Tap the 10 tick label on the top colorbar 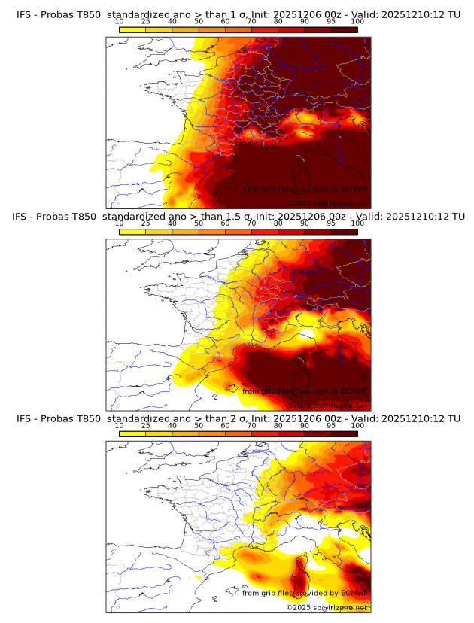(119, 22)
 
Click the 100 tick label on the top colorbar (357, 22)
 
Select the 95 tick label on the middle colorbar (331, 223)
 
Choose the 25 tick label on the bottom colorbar (145, 426)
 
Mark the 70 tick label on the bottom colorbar (251, 426)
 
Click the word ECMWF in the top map (354, 190)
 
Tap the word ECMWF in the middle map (354, 391)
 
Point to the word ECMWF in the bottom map (354, 593)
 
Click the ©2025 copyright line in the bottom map (327, 606)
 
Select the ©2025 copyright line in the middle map (327, 405)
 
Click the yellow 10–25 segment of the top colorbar (132, 31)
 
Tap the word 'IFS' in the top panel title (23, 14)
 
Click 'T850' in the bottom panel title (87, 418)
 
